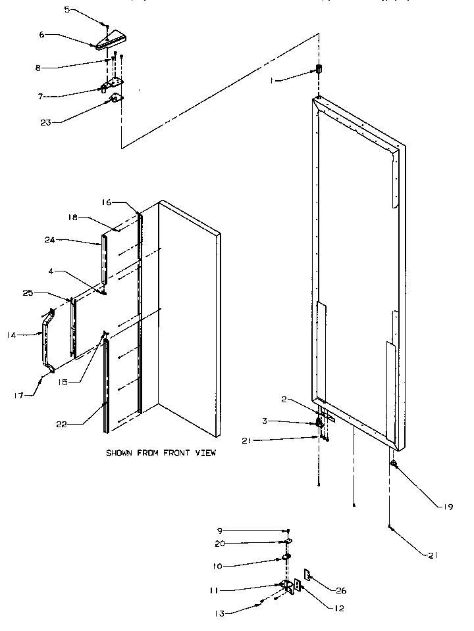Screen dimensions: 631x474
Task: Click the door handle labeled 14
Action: [x=47, y=342]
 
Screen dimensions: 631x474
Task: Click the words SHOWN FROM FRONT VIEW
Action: [x=161, y=453]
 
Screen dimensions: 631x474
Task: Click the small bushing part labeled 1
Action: [x=319, y=69]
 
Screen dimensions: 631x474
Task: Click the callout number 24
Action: [x=49, y=240]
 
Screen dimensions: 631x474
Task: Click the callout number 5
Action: [x=66, y=9]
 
